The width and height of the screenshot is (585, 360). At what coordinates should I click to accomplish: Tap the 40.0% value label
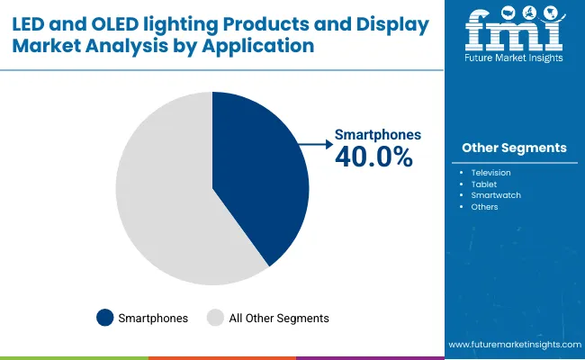pos(373,157)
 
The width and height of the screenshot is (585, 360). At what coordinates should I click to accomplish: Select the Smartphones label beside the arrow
pos(377,135)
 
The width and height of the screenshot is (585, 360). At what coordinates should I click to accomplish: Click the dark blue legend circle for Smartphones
pos(104,318)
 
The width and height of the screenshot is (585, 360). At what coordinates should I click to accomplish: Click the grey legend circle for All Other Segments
pos(216,318)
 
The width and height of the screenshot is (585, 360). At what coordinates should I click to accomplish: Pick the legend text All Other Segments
pos(279,318)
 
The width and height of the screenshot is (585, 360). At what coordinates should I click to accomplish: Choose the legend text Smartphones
pos(154,318)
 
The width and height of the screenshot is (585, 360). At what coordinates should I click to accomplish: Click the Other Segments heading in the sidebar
pos(514,148)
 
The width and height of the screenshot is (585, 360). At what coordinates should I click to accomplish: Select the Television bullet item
pos(490,171)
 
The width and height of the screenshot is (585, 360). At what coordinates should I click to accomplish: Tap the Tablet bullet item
pos(483,183)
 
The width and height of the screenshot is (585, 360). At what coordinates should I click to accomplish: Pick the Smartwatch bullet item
pos(496,194)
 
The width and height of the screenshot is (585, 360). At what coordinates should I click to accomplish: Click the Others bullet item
pos(484,206)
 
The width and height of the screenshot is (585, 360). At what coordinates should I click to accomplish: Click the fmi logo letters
pos(514,34)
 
